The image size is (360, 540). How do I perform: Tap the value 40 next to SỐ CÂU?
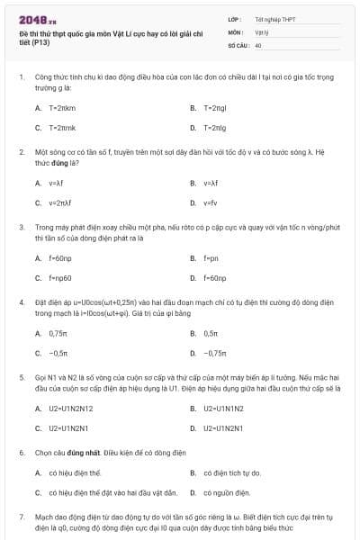click(258, 44)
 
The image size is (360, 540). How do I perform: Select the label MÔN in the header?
click(235, 31)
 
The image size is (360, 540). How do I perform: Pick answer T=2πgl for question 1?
click(215, 107)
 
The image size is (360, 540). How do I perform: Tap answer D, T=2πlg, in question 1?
click(215, 128)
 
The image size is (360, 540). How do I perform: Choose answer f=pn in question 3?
click(211, 257)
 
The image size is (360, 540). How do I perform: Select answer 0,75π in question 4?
click(59, 333)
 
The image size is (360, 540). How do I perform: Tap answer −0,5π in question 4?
click(59, 354)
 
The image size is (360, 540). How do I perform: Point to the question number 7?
click(22, 517)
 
